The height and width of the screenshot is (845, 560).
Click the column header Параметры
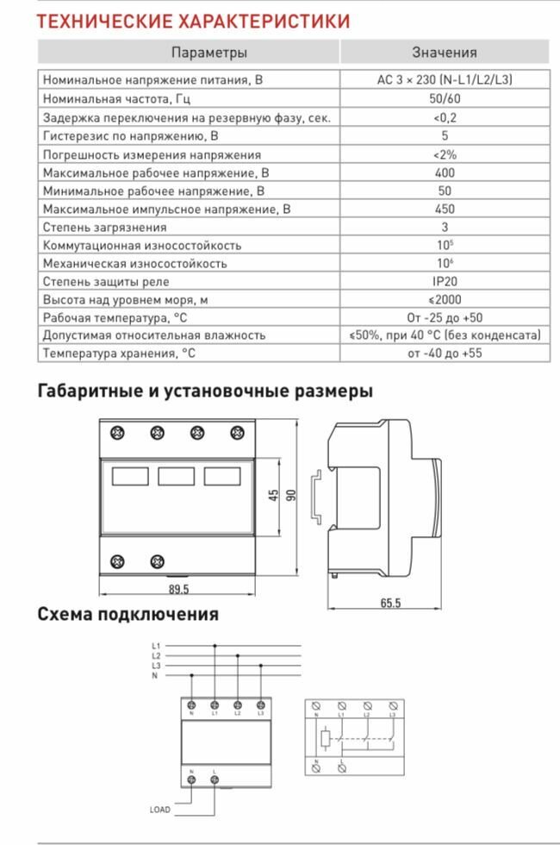click(x=209, y=53)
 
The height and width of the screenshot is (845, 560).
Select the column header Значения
click(x=445, y=53)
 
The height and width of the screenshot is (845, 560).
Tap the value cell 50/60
click(x=445, y=99)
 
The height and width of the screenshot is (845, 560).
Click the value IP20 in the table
click(x=445, y=281)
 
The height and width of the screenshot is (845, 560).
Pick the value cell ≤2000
click(x=445, y=299)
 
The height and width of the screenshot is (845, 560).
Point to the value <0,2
click(x=445, y=117)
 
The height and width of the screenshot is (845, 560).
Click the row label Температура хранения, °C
click(x=119, y=353)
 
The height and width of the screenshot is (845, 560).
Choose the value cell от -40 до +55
click(x=445, y=353)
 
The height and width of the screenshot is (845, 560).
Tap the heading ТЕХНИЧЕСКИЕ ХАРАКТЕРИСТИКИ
click(x=193, y=21)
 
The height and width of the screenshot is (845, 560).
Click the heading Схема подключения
click(x=128, y=614)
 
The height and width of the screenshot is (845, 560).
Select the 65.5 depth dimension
click(x=390, y=604)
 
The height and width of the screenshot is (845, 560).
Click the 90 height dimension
click(x=291, y=496)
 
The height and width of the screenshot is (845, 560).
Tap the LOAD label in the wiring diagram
click(x=160, y=810)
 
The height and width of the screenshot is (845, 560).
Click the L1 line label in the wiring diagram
click(x=155, y=646)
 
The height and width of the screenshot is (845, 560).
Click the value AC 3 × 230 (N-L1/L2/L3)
click(x=445, y=80)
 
